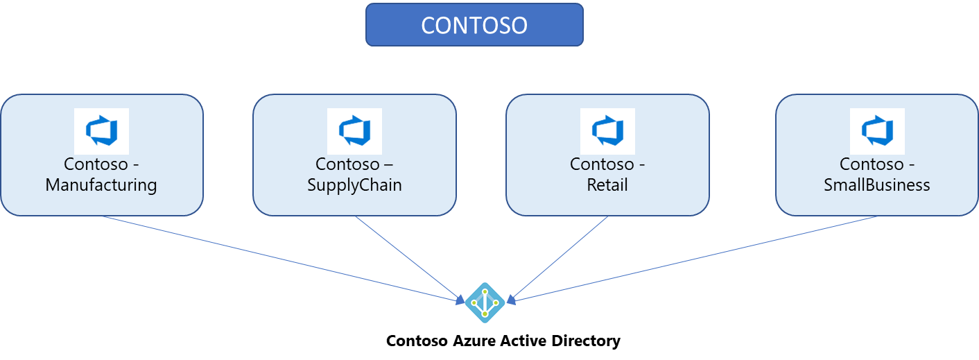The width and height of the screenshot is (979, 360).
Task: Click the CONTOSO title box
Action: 474,25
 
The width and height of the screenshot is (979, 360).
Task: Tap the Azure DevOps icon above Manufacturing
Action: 101,131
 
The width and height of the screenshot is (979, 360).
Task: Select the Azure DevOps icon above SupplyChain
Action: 354,131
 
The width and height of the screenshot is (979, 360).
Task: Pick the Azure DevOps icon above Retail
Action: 607,131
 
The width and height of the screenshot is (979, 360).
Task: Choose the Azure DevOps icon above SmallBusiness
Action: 877,131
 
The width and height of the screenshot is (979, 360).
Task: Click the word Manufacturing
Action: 101,185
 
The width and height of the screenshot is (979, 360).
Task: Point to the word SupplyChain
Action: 354,185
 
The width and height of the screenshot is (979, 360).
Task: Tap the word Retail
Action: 607,185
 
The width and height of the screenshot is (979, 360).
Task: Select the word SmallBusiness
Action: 877,185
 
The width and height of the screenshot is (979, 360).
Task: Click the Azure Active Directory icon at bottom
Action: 485,302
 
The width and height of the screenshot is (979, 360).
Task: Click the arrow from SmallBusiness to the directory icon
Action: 693,259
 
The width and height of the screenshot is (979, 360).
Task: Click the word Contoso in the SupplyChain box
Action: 345,164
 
